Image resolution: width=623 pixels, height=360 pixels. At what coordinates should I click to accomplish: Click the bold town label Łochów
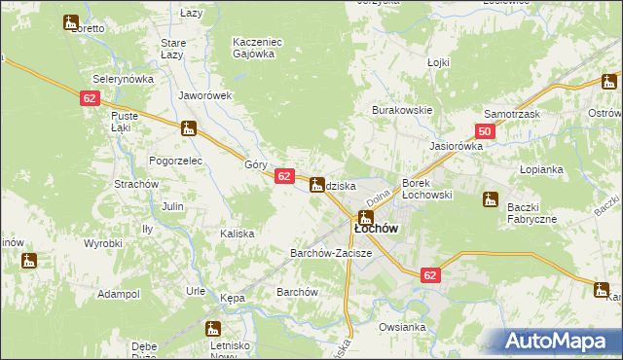tap(374, 229)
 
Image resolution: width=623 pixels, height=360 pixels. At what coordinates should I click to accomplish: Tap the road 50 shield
tap(485, 131)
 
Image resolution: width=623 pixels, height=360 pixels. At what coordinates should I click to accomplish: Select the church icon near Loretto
tap(70, 22)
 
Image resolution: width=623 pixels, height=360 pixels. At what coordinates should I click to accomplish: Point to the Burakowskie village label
tap(401, 110)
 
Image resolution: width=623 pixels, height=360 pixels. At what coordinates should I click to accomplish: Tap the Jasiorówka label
tap(457, 146)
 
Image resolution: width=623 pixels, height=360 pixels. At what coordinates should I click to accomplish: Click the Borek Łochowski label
tap(427, 189)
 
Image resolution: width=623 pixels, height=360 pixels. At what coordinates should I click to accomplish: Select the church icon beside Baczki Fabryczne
tap(491, 199)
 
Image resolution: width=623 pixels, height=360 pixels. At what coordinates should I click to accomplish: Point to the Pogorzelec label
tap(174, 159)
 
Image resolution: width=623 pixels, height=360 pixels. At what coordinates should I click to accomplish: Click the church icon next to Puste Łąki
tap(188, 127)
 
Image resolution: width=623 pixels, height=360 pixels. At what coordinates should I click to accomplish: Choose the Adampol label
tap(119, 293)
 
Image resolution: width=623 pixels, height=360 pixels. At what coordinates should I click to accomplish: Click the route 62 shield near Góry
tap(283, 176)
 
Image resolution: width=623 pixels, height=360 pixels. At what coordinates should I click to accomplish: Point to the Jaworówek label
tap(204, 95)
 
